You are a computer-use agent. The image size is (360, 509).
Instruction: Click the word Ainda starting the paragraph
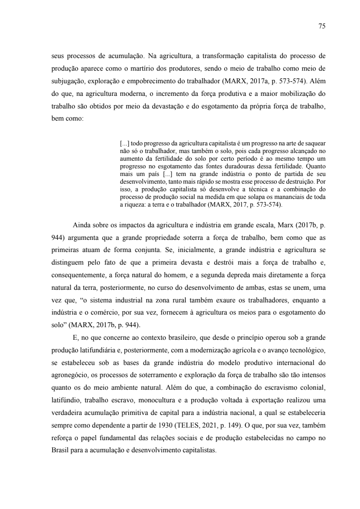82,226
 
